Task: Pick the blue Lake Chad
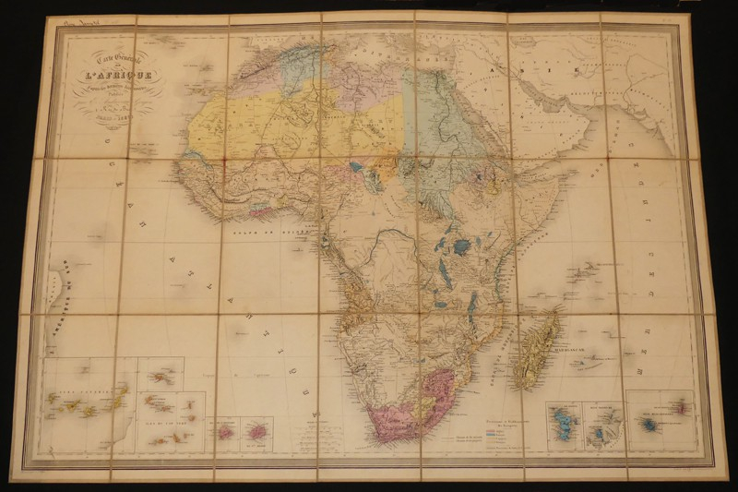coord(355,167)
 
